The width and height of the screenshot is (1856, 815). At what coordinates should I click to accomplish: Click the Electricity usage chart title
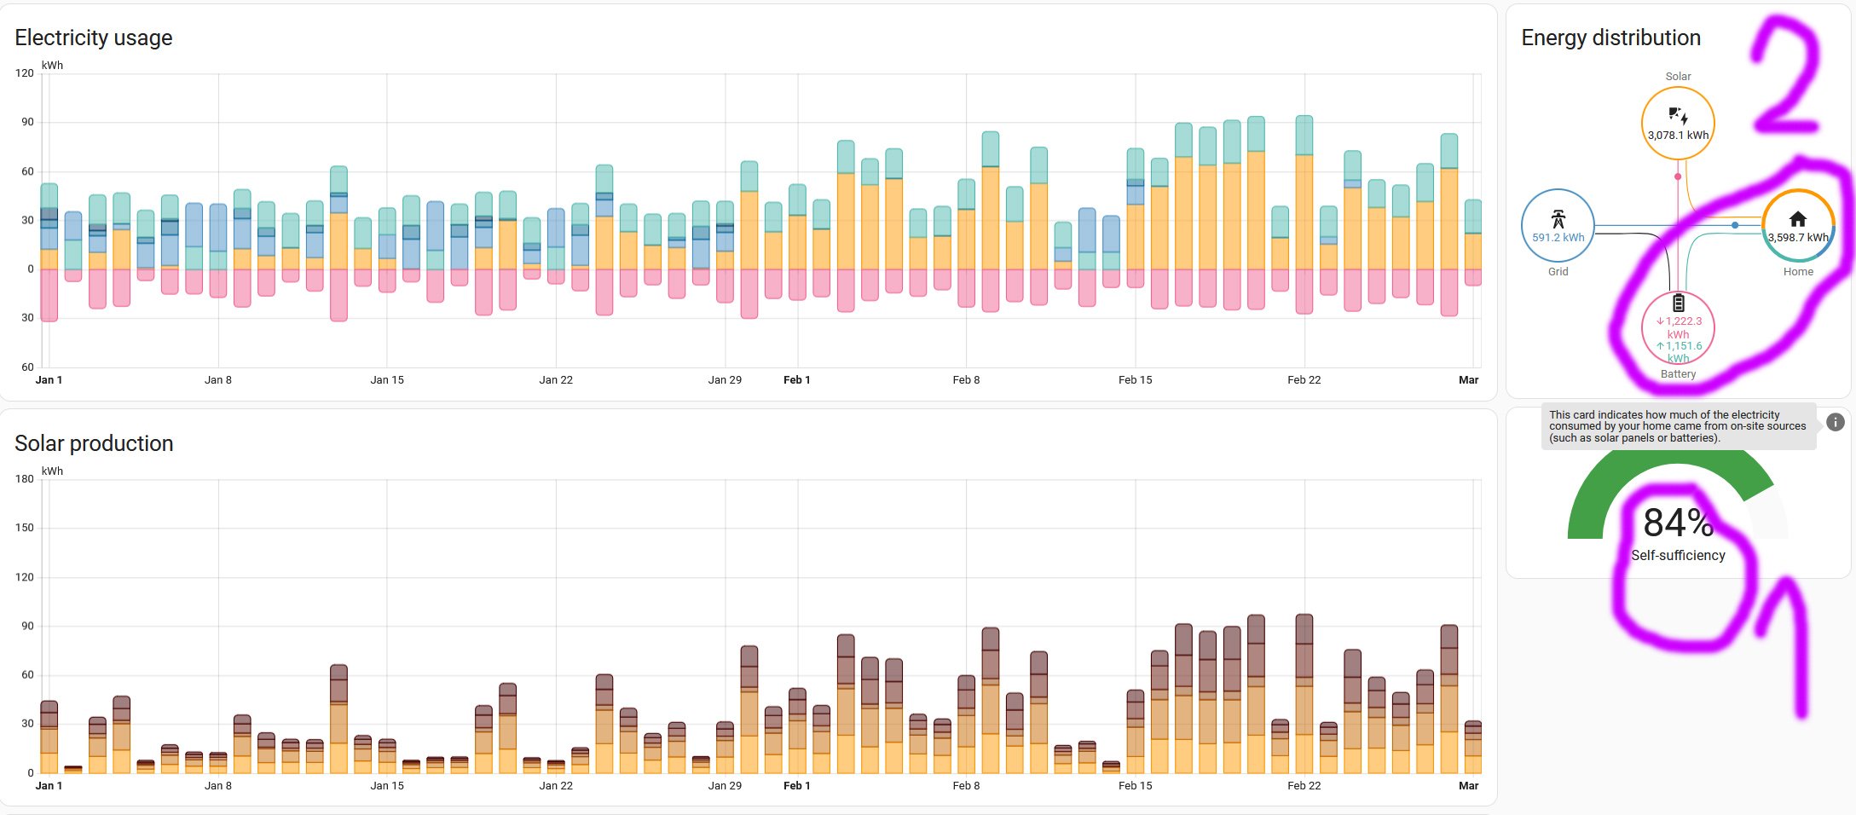pos(94,38)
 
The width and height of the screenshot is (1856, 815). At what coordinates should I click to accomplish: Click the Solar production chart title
pos(94,443)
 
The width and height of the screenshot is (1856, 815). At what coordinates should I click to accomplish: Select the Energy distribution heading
pos(1610,38)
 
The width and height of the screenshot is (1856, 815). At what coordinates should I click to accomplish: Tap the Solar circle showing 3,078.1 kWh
pos(1678,123)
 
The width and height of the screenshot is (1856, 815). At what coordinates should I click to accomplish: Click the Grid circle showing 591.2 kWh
pos(1558,226)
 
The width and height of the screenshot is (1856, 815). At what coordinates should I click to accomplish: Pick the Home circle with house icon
pos(1798,225)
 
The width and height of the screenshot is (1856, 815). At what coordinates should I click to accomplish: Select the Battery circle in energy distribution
pos(1678,328)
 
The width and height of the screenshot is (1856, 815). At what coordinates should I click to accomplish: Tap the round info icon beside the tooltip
pos(1836,422)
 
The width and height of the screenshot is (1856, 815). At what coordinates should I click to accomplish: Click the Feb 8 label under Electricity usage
pos(966,380)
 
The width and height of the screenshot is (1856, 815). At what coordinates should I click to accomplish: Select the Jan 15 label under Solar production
pos(387,786)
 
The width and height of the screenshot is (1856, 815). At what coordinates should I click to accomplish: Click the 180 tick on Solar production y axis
pos(25,479)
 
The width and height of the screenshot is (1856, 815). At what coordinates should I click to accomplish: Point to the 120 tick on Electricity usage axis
pos(25,73)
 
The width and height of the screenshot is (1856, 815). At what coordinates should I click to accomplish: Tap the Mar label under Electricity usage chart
pos(1468,380)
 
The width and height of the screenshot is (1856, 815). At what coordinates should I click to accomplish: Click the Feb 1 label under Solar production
pos(796,786)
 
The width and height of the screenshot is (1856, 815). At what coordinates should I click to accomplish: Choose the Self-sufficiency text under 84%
pos(1678,556)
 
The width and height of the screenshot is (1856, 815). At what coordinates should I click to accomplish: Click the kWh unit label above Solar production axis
pos(52,471)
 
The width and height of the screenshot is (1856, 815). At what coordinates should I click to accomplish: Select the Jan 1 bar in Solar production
pos(49,738)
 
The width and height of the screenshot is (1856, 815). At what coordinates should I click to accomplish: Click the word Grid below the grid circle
pos(1558,272)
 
